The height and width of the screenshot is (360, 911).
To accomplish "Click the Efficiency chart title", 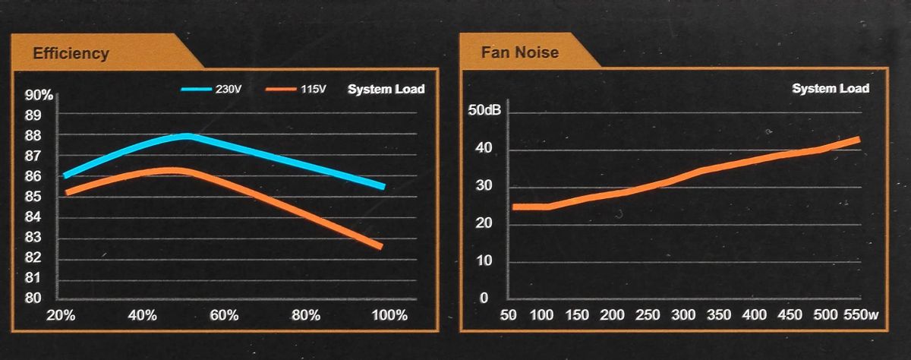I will [71, 53].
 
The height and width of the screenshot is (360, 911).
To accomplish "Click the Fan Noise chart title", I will [519, 52].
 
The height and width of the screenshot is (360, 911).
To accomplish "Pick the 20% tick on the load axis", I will [61, 315].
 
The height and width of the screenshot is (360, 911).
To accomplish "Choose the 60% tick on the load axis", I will [223, 315].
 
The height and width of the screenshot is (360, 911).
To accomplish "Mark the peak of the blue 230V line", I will [187, 136].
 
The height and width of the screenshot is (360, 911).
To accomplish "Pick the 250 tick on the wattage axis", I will [648, 315].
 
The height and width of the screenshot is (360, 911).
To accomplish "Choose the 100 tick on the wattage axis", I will [542, 315].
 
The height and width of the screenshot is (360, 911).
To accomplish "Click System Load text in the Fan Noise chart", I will [831, 89].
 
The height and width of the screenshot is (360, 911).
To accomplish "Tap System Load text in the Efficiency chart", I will [386, 90].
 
